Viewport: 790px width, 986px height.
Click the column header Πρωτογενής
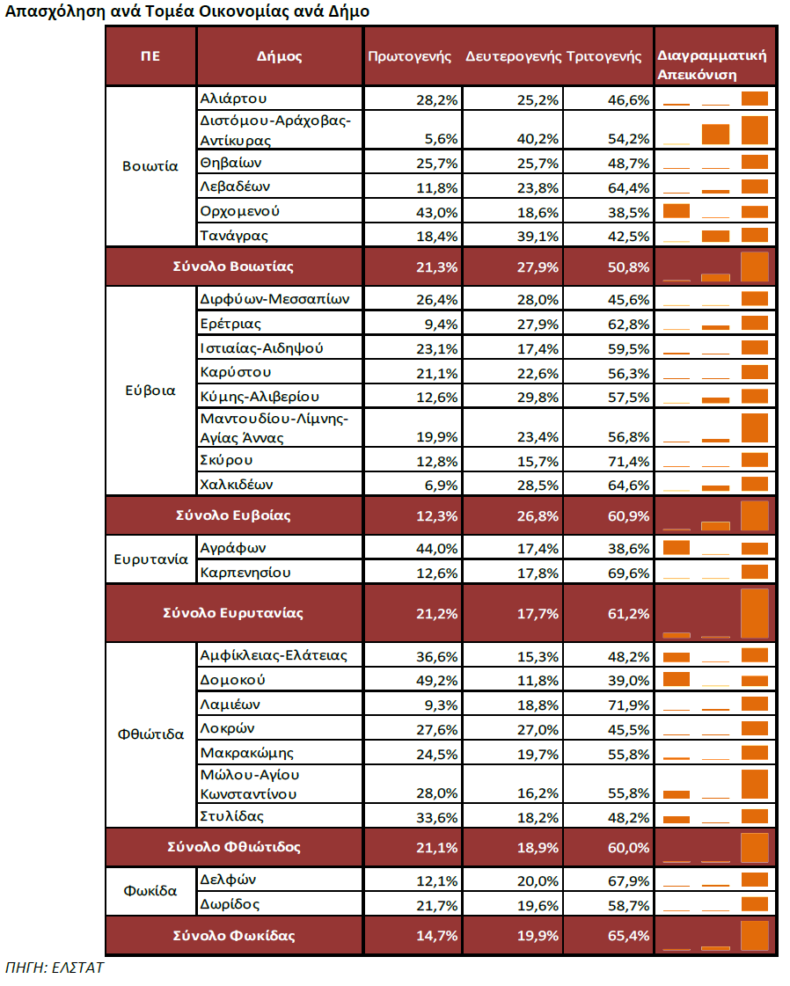(409, 56)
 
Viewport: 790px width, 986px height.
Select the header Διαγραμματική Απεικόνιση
(712, 64)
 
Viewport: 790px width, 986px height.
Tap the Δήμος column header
(280, 56)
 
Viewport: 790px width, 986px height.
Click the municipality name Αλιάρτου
(233, 99)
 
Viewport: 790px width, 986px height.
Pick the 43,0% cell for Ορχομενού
(437, 212)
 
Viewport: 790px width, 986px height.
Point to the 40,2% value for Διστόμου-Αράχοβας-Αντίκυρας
(538, 138)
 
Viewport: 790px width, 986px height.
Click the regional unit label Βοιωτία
(150, 165)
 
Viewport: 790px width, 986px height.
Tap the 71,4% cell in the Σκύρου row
(628, 461)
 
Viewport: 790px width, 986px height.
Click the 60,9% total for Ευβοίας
(628, 515)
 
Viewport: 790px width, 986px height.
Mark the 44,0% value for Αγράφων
(437, 549)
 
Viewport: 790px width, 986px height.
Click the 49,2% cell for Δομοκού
(437, 681)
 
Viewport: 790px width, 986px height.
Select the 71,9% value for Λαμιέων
(628, 705)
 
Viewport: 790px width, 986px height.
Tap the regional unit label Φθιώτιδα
(150, 735)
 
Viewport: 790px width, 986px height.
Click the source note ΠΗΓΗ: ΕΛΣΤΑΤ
(55, 968)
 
